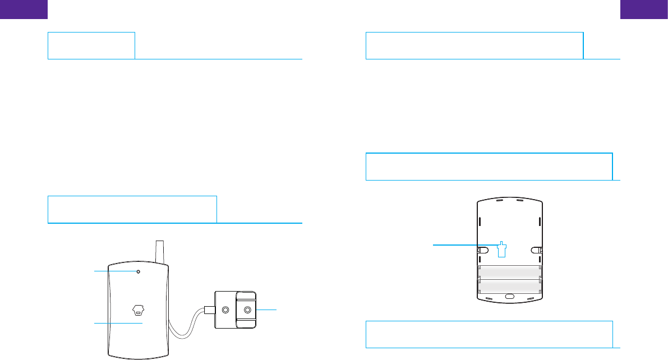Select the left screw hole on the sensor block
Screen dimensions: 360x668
click(225, 309)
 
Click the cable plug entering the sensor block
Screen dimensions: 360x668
click(208, 309)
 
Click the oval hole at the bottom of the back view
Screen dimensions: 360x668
click(509, 296)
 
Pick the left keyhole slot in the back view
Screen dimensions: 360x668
click(481, 251)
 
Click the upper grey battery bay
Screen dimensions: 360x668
click(509, 273)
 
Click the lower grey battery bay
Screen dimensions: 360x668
click(509, 286)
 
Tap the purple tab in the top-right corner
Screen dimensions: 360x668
click(644, 10)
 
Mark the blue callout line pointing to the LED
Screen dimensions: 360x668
click(114, 271)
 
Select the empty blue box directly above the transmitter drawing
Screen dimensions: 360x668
click(132, 209)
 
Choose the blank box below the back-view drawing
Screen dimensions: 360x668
click(489, 334)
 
